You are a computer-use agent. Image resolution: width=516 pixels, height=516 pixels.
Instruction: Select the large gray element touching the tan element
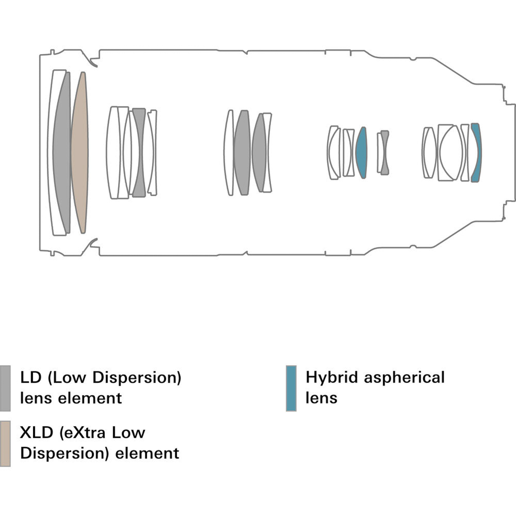click(x=61, y=153)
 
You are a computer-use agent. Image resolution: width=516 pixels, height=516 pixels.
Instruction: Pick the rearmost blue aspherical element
click(x=476, y=153)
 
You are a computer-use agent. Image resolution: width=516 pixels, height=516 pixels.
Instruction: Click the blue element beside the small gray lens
click(x=361, y=153)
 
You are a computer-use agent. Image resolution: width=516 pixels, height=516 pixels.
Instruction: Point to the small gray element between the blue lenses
click(x=384, y=153)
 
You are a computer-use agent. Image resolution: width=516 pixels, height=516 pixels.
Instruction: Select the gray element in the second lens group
click(x=139, y=153)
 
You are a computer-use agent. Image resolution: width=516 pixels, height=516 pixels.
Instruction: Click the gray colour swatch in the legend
click(x=5, y=388)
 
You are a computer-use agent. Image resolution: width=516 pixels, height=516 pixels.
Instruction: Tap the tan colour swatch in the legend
click(x=5, y=443)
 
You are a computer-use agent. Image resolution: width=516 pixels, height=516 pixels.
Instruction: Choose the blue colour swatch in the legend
click(x=291, y=388)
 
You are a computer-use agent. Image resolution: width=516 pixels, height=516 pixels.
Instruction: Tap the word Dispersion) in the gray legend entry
click(x=137, y=378)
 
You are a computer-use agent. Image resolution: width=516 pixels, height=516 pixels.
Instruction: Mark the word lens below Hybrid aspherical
click(x=321, y=398)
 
